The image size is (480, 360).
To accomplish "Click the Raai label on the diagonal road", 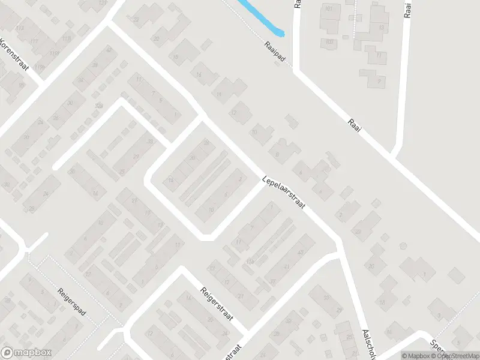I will pyautogui.click(x=355, y=129).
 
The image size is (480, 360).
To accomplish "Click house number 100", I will pyautogui.click(x=330, y=41).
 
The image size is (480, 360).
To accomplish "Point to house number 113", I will pyautogui.click(x=20, y=28).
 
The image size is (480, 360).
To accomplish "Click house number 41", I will pyautogui.click(x=286, y=268).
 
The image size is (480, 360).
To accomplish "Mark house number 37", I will pyautogui.click(x=273, y=282).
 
